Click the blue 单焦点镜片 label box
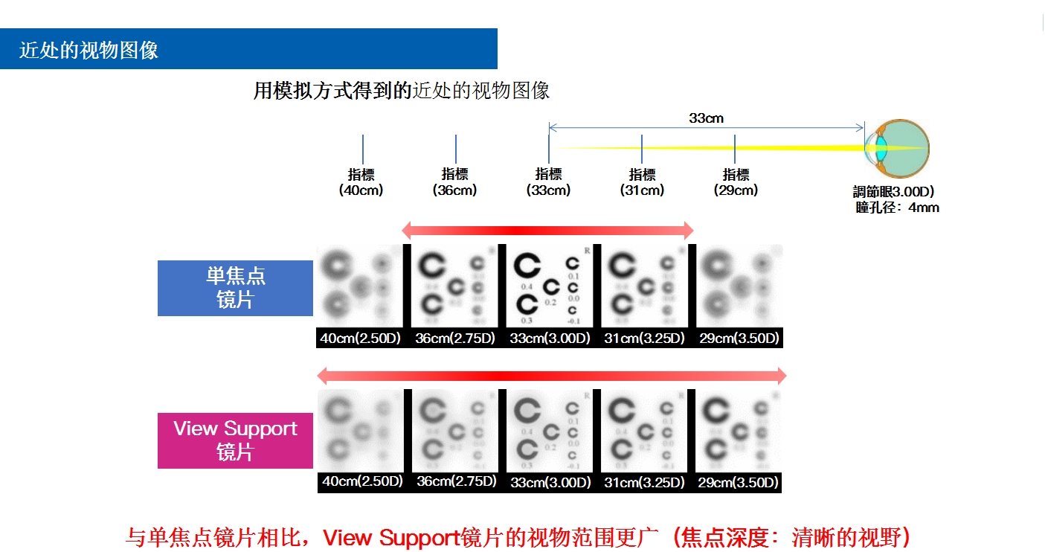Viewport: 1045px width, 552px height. (235, 288)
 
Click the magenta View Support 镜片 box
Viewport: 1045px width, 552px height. (235, 440)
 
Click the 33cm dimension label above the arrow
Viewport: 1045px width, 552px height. (706, 118)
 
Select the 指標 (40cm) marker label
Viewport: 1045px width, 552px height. (361, 182)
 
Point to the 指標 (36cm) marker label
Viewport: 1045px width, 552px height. (454, 182)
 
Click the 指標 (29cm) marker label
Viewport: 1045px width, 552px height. (736, 182)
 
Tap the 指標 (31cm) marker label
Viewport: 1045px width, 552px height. (642, 182)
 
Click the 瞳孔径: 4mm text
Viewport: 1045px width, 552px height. (897, 208)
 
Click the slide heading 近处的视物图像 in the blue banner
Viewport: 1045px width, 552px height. (89, 50)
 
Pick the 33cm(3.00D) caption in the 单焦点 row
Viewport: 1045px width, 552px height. (550, 338)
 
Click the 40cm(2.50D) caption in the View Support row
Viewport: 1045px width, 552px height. (362, 481)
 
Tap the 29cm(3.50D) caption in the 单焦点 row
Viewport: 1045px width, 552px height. (739, 338)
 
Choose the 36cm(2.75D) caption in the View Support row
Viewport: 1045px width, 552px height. (456, 481)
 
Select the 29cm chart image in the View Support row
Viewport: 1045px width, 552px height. (738, 430)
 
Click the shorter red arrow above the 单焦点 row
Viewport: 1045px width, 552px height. (547, 230)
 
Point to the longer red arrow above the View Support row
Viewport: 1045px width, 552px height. (551, 375)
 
